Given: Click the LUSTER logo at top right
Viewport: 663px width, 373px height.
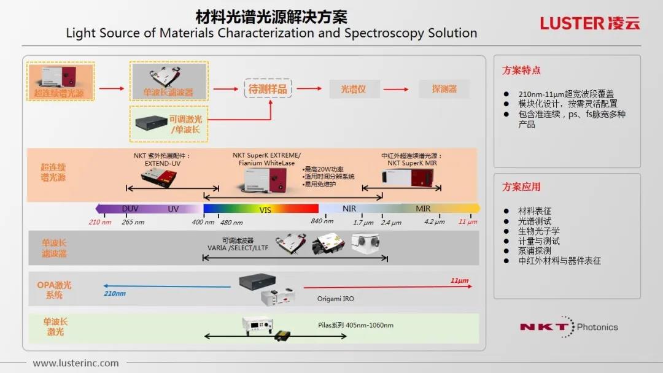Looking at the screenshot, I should pyautogui.click(x=590, y=23).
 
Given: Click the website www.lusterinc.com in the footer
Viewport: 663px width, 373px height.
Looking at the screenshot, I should pyautogui.click(x=76, y=363).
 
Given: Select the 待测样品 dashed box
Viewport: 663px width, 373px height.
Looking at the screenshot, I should pyautogui.click(x=267, y=90).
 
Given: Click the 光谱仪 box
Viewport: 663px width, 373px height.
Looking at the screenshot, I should pyautogui.click(x=354, y=90).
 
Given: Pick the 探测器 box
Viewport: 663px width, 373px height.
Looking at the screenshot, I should pyautogui.click(x=444, y=90).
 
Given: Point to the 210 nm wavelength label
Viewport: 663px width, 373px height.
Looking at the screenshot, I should pyautogui.click(x=100, y=222).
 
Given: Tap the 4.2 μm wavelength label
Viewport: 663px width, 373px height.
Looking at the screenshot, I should pyautogui.click(x=434, y=222).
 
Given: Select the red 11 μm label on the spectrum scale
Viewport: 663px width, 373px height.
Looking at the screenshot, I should pyautogui.click(x=468, y=222).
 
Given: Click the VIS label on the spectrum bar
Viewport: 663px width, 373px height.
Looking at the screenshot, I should pyautogui.click(x=265, y=210).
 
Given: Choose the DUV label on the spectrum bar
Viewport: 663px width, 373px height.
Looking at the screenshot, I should pyautogui.click(x=130, y=209).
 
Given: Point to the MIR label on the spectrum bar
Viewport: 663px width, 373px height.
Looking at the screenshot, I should pyautogui.click(x=423, y=209).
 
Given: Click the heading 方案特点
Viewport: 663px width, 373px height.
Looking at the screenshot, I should pyautogui.click(x=521, y=71).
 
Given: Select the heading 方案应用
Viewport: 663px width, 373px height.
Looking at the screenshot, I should pyautogui.click(x=521, y=187).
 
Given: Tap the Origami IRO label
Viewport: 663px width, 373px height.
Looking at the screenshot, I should pyautogui.click(x=336, y=299).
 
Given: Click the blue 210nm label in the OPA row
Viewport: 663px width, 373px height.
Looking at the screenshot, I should pyautogui.click(x=115, y=294).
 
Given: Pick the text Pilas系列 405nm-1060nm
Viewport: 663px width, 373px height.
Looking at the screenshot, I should pyautogui.click(x=355, y=325).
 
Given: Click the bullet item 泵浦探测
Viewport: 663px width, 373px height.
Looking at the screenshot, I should pyautogui.click(x=535, y=251).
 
